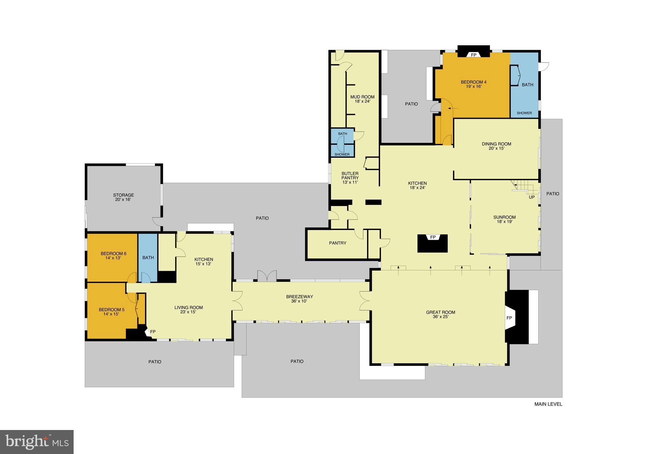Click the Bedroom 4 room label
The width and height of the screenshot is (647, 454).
(x=474, y=82)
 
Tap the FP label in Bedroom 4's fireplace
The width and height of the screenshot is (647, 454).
(x=474, y=55)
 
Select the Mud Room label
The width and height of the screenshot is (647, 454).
(x=362, y=97)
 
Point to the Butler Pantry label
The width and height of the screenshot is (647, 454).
(x=350, y=176)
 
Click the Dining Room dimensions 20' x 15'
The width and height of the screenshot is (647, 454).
(x=496, y=148)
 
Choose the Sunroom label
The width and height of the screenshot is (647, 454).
(x=505, y=217)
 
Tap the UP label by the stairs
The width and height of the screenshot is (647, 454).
(x=532, y=197)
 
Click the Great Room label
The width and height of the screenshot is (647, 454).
(x=440, y=312)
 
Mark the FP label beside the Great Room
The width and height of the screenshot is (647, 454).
(x=509, y=318)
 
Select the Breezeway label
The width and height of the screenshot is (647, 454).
(x=299, y=297)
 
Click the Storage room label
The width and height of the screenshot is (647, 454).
(x=124, y=195)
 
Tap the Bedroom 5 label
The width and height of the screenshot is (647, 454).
(x=112, y=310)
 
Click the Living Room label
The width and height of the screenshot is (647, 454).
(x=189, y=307)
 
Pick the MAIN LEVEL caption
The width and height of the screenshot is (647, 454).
(x=548, y=404)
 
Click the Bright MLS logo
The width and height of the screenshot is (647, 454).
(x=37, y=442)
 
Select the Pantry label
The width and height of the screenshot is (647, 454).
(x=337, y=243)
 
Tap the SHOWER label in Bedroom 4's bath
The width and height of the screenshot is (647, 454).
(x=524, y=113)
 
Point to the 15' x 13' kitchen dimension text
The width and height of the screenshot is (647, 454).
(x=203, y=264)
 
